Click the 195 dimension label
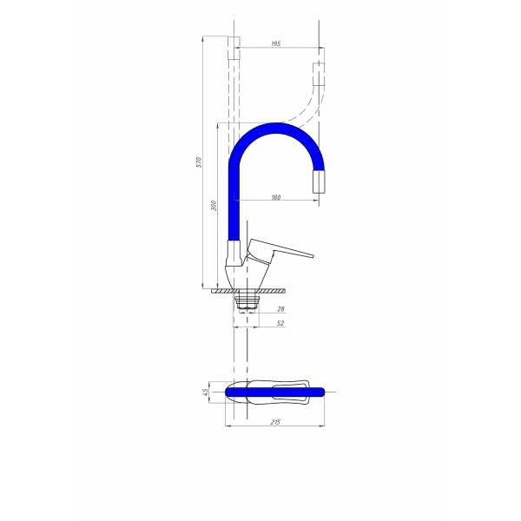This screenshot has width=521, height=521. pyautogui.click(x=276, y=43)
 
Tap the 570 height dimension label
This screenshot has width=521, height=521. pyautogui.click(x=200, y=162)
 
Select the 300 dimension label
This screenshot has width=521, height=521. pyautogui.click(x=214, y=205)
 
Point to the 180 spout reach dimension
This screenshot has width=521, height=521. pyautogui.click(x=276, y=197)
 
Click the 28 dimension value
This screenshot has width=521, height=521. pyautogui.click(x=280, y=309)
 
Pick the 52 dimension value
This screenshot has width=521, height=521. pyautogui.click(x=280, y=323)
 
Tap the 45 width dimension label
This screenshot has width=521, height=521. pyautogui.click(x=205, y=392)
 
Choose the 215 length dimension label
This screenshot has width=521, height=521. pyautogui.click(x=275, y=422)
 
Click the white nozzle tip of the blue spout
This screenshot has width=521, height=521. pyautogui.click(x=319, y=181)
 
